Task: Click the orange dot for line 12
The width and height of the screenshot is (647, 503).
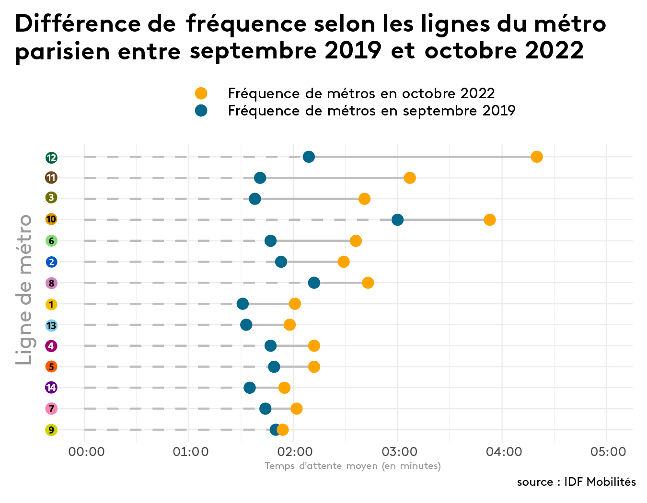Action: [x=537, y=157]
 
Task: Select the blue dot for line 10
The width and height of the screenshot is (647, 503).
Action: [x=397, y=220]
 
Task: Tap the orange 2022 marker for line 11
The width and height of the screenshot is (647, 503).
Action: [x=409, y=178]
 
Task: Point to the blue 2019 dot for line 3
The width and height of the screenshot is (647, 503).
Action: [x=255, y=199]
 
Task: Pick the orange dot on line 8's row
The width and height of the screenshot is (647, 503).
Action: [x=368, y=283]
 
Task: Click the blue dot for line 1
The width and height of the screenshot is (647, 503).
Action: [x=243, y=304]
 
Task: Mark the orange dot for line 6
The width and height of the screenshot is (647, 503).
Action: [x=356, y=240]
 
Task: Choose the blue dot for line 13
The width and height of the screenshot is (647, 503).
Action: [x=246, y=325]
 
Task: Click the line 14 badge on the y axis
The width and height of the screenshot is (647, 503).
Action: [x=51, y=388]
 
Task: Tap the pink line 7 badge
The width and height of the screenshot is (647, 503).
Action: [x=51, y=409]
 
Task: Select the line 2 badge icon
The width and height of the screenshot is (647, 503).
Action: [x=51, y=262]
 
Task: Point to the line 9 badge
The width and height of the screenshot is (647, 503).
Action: [x=51, y=430]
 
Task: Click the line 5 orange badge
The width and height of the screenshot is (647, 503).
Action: [x=51, y=366]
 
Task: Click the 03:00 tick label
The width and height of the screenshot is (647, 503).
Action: [x=399, y=452]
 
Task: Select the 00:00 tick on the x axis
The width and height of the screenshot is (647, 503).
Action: [x=86, y=452]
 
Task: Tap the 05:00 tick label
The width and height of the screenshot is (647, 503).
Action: [x=608, y=452]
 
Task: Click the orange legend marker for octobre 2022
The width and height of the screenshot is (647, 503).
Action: [x=201, y=93]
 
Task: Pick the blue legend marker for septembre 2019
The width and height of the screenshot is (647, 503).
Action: [x=201, y=111]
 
